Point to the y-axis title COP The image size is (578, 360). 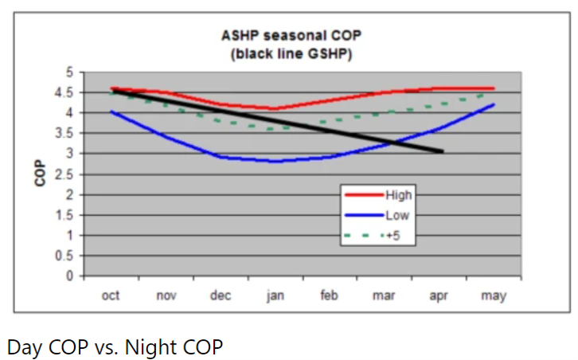coord(38,174)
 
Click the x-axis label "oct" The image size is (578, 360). coord(111,295)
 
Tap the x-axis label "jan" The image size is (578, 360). coord(275,295)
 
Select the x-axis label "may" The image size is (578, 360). coord(494,295)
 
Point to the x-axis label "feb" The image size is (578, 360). coord(329,295)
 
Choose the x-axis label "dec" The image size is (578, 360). coord(221,295)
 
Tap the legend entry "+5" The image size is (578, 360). coord(391,235)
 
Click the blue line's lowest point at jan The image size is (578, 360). coord(275,162)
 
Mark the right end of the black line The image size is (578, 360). coord(442,151)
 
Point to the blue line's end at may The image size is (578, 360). coord(494,104)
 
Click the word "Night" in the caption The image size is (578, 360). coord(161,346)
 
